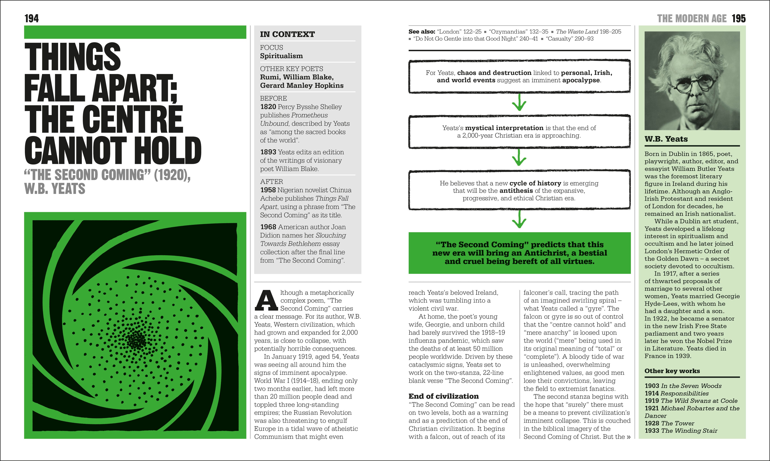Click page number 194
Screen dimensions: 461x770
click(32, 19)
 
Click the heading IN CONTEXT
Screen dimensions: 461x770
click(287, 34)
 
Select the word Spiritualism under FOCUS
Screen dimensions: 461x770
click(281, 56)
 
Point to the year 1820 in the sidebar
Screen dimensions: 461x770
click(268, 107)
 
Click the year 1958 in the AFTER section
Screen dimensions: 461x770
click(268, 190)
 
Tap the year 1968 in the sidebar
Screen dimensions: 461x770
click(268, 227)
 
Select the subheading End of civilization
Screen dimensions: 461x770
click(443, 396)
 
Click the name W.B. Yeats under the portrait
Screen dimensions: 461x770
click(666, 139)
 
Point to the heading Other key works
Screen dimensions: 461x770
click(672, 371)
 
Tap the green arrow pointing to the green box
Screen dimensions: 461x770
click(519, 221)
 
